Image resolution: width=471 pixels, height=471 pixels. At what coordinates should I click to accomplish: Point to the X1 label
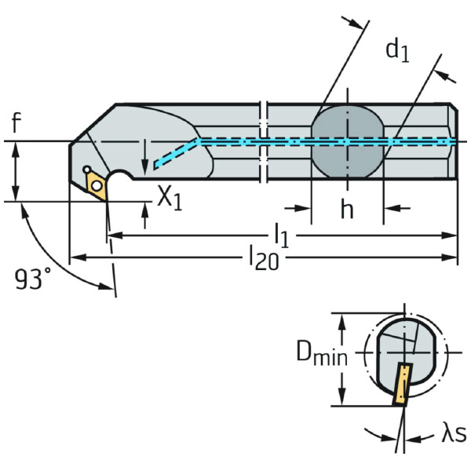(x=169, y=197)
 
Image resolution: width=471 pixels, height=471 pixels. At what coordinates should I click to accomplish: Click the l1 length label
(x=280, y=235)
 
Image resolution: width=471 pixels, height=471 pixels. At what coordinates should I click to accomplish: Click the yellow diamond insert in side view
(x=97, y=184)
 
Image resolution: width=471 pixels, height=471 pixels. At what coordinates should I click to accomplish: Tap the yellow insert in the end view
(x=402, y=384)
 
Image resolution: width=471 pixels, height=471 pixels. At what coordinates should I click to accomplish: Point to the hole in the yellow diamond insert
(x=97, y=184)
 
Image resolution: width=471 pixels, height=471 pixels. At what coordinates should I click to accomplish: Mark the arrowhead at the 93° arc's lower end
(x=106, y=287)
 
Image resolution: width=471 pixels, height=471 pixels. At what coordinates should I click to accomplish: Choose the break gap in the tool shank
(x=264, y=141)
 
